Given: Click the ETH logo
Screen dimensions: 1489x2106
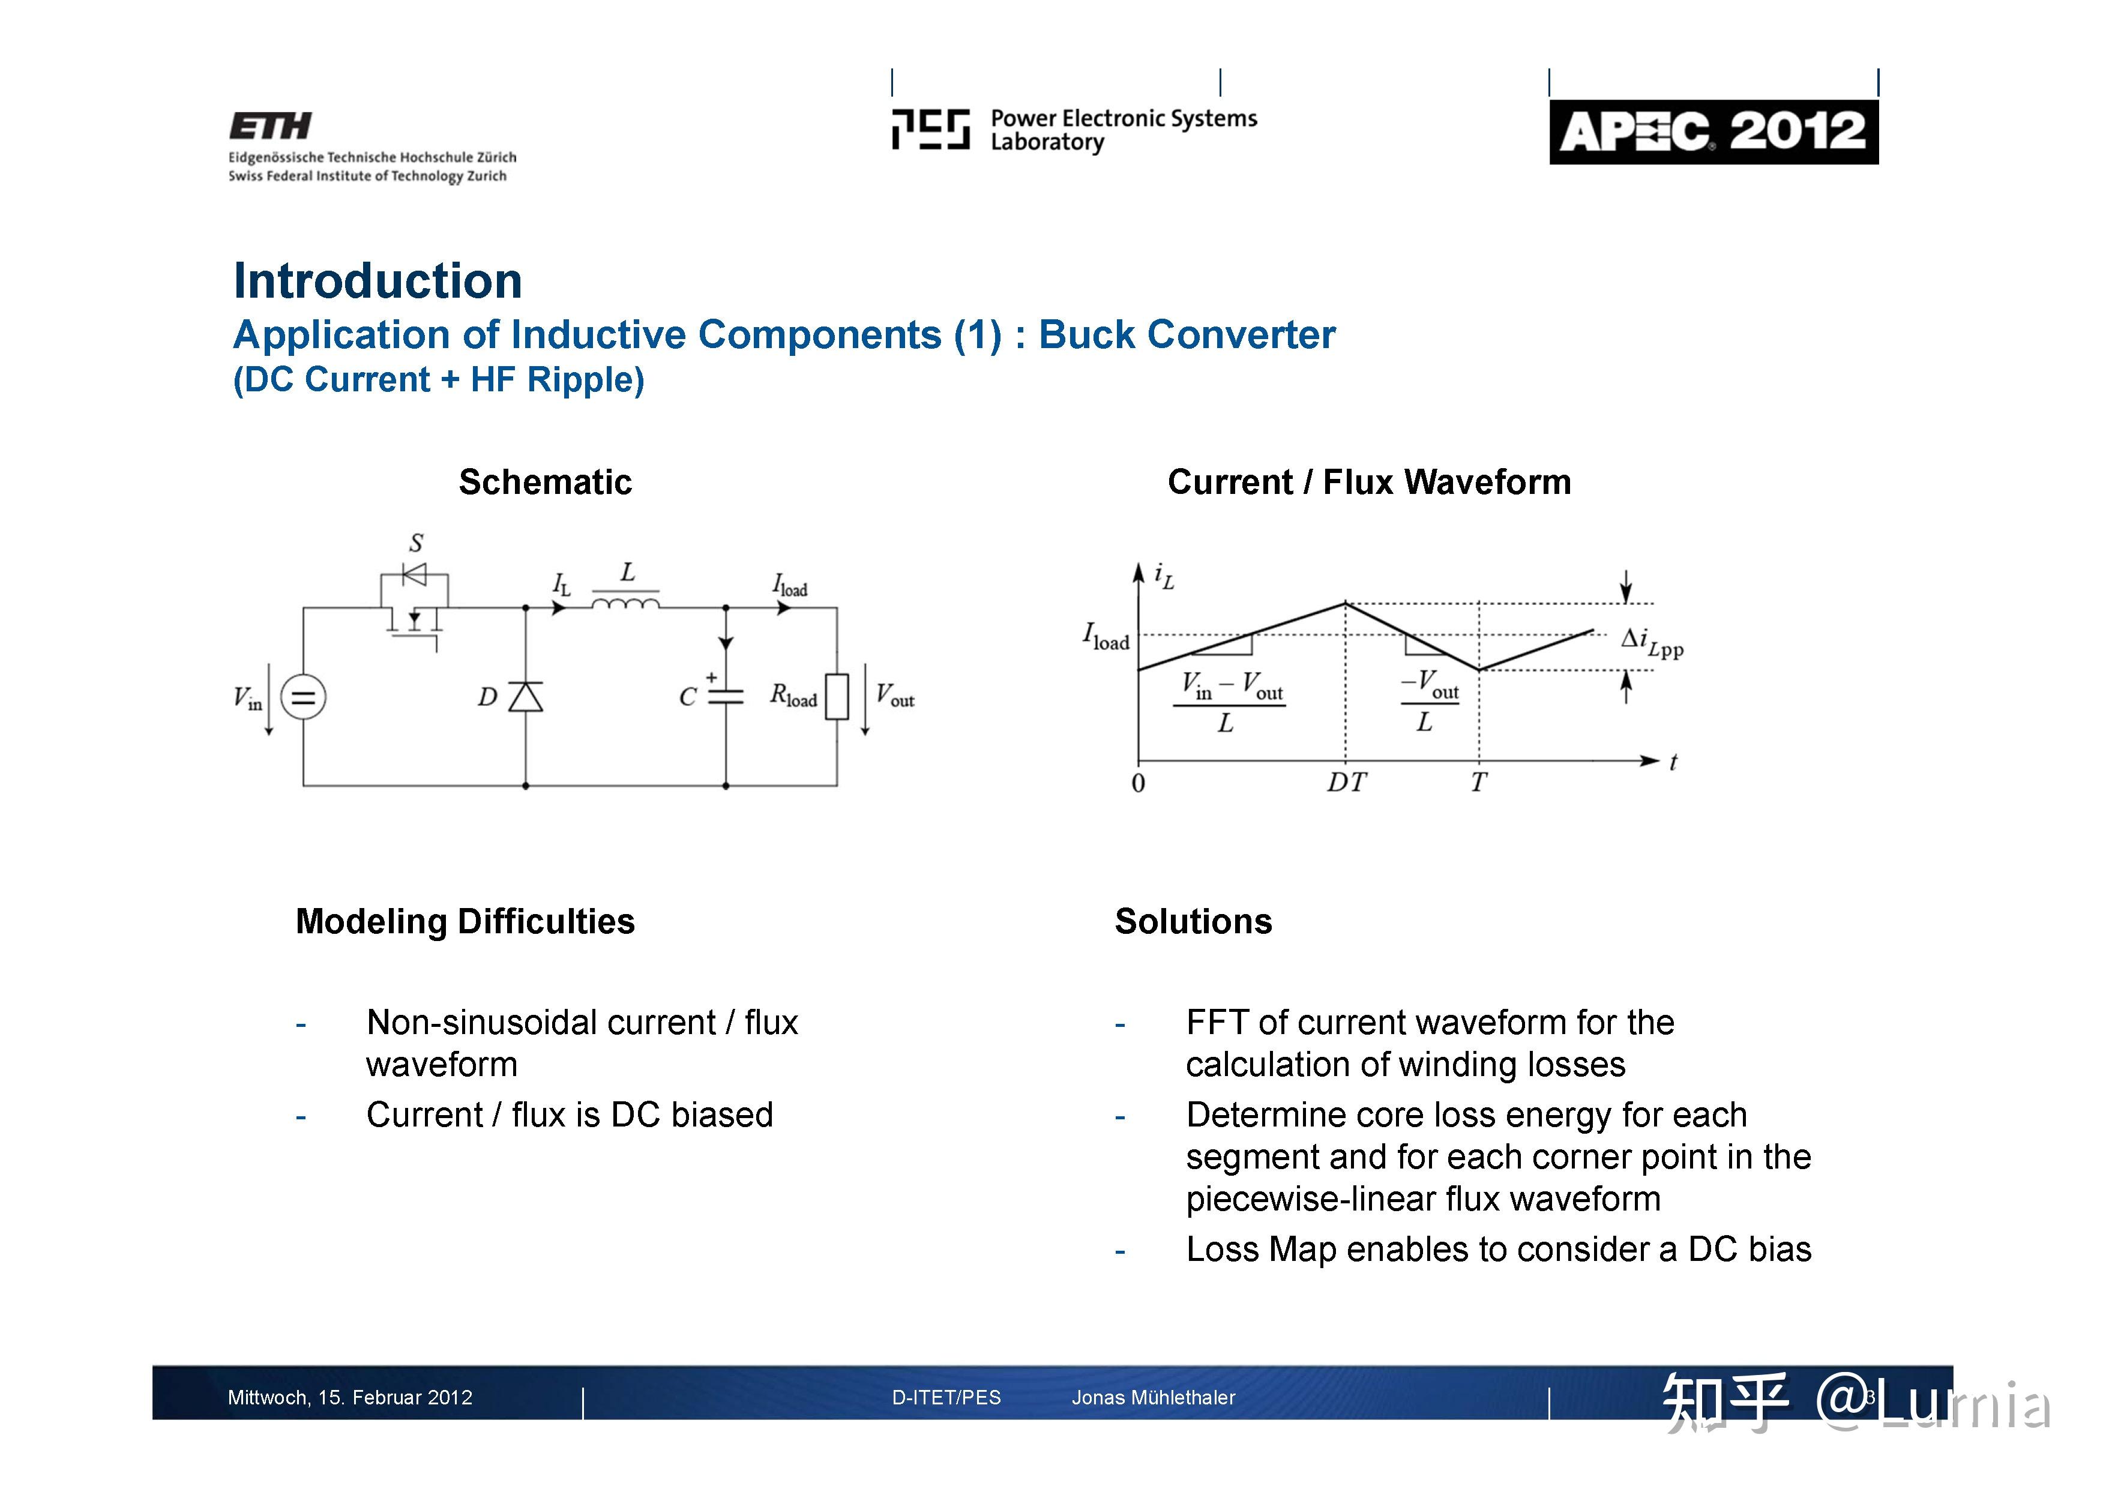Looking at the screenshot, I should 271,127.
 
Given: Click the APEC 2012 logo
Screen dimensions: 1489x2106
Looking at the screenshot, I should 1712,132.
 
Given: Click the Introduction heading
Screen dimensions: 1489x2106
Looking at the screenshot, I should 377,281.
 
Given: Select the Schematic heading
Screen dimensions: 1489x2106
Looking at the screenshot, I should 545,483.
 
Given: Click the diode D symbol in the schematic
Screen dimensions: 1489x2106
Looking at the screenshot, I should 526,697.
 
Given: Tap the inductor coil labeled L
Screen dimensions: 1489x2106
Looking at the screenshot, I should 625,603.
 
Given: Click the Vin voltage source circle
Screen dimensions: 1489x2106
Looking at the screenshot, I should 302,697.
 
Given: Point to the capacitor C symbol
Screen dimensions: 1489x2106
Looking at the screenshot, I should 726,696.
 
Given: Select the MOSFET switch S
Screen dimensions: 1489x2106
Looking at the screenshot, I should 415,610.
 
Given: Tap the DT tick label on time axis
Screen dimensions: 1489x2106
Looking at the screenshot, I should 1346,783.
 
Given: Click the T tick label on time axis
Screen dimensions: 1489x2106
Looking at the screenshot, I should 1478,783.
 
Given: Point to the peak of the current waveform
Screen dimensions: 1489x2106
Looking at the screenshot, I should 1346,603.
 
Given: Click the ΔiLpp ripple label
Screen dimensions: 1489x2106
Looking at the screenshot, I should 1652,642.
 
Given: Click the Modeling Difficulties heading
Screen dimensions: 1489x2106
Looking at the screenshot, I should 465,922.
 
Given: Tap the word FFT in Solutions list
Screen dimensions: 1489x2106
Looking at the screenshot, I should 1217,1023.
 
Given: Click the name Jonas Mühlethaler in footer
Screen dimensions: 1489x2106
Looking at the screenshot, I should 1153,1397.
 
